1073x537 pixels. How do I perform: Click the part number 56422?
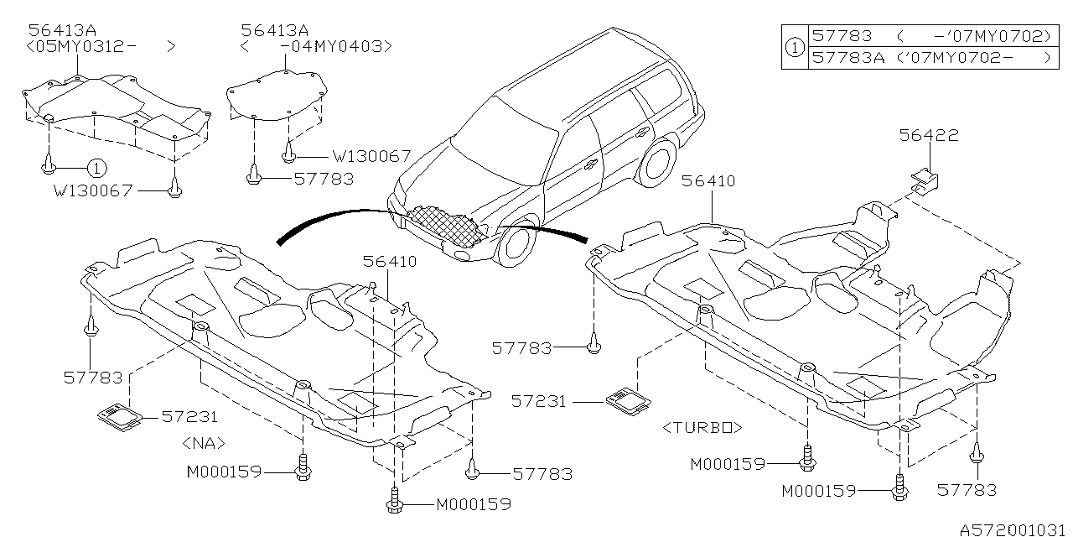tap(930, 136)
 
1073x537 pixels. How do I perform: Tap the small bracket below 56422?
tap(925, 180)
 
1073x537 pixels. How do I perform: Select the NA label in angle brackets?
tap(204, 442)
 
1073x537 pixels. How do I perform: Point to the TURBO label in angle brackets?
tap(702, 428)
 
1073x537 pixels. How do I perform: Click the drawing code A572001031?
tap(1013, 529)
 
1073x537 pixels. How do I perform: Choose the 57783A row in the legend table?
tap(930, 58)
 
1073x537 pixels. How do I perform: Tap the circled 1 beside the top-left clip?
tap(96, 168)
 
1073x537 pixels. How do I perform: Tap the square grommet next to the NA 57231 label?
tap(117, 414)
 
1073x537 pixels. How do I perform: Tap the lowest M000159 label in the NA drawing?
tap(473, 505)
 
